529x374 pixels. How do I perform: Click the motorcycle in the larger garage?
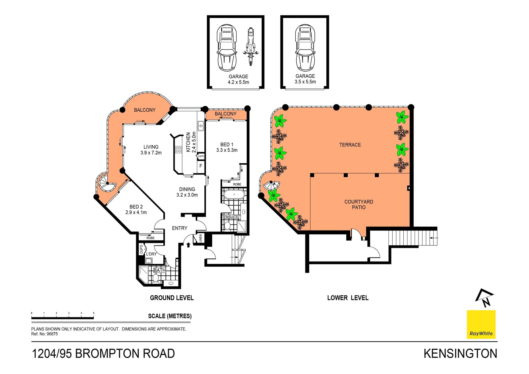click(x=250, y=46)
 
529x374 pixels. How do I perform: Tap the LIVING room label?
click(x=151, y=147)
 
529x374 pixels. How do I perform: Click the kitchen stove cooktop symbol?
click(x=178, y=150)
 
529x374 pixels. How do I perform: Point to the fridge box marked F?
click(x=201, y=166)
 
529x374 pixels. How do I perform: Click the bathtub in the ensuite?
click(x=234, y=194)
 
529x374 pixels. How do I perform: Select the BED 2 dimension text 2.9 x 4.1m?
click(x=136, y=212)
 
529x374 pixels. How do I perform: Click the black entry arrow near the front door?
click(x=188, y=245)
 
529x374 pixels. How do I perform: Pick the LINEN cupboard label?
click(x=200, y=238)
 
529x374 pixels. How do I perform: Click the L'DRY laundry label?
click(x=151, y=254)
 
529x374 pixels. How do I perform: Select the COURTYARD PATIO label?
click(x=358, y=204)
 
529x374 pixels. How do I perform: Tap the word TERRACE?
click(x=350, y=145)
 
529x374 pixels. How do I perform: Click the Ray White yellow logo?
click(x=481, y=324)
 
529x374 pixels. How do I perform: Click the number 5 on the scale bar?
click(x=94, y=313)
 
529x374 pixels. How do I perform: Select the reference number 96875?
click(x=52, y=334)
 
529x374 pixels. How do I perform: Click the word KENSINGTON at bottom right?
click(x=460, y=354)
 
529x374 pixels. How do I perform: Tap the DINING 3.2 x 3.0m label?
click(x=187, y=192)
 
